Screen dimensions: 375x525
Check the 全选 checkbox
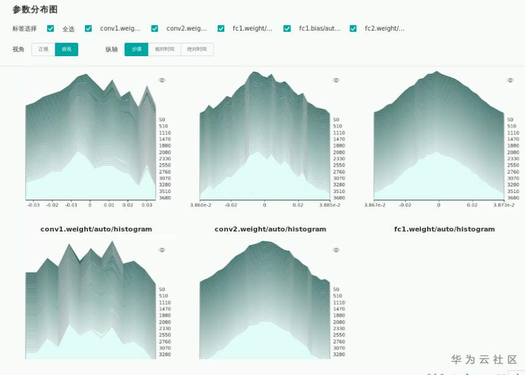(51, 29)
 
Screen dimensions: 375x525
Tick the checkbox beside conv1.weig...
(89, 29)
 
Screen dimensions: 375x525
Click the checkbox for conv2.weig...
(155, 29)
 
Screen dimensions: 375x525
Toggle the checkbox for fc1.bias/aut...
(287, 29)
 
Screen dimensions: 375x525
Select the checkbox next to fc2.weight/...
(353, 29)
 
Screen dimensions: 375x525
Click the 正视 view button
(43, 49)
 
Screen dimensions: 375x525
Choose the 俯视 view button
(67, 49)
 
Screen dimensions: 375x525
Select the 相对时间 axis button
(164, 49)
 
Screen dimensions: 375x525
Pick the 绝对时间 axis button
(197, 49)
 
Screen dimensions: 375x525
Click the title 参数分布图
(35, 10)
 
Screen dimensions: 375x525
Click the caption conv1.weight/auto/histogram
(96, 229)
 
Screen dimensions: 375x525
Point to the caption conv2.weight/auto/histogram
(270, 229)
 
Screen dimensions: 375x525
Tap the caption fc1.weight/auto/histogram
(444, 229)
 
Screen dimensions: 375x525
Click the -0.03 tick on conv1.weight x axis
(34, 205)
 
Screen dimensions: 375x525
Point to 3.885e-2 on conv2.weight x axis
(330, 205)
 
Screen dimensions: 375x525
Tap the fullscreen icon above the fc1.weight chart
(510, 80)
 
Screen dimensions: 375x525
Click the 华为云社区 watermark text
(484, 360)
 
